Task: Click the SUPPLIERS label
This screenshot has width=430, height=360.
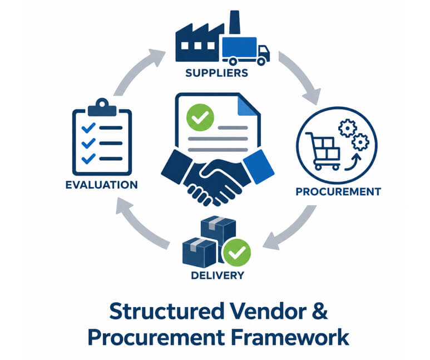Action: pyautogui.click(x=216, y=73)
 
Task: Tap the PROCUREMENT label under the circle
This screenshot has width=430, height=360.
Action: pyautogui.click(x=338, y=191)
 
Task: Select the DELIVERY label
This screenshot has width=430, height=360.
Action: pyautogui.click(x=218, y=275)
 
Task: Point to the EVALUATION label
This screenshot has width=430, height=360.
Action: pyautogui.click(x=101, y=185)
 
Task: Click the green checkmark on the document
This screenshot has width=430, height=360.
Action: pyautogui.click(x=200, y=117)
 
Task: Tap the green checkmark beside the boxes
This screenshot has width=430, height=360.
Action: pyautogui.click(x=236, y=253)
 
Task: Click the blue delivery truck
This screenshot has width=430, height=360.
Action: pyautogui.click(x=246, y=51)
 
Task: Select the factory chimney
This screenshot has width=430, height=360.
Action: pyautogui.click(x=234, y=22)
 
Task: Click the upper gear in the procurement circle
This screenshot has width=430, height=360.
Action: pyautogui.click(x=348, y=128)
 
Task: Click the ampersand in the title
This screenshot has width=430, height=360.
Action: pyautogui.click(x=320, y=311)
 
